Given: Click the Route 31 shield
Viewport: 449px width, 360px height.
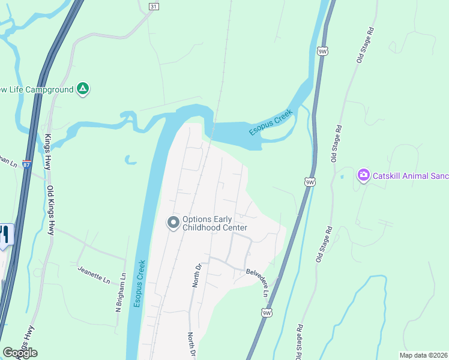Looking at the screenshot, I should click(154, 6).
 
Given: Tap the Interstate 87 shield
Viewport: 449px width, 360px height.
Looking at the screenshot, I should click(26, 164).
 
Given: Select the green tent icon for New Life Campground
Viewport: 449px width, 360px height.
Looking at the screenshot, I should click(83, 89).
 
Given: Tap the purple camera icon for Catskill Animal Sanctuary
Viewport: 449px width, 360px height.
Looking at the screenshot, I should click(363, 175).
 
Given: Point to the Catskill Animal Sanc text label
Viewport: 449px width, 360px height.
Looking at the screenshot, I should click(410, 176).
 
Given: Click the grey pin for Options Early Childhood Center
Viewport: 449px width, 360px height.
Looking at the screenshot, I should click(173, 223).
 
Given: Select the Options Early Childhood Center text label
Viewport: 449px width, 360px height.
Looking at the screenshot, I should click(215, 223).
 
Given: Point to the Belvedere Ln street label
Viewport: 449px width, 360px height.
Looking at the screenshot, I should click(257, 281).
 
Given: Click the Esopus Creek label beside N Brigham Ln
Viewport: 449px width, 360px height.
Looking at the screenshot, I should click(139, 284).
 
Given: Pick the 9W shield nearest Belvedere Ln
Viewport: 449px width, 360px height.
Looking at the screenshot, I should click(267, 313).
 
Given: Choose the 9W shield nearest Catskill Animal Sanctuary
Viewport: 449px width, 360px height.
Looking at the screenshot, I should click(309, 181).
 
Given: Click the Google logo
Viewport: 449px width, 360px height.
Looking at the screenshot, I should click(19, 353).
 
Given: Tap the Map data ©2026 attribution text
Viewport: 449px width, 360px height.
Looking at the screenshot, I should click(424, 355).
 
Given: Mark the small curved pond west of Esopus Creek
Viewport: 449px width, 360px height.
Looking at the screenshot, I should click(130, 160).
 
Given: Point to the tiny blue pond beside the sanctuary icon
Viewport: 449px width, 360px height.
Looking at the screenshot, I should click(342, 177).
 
